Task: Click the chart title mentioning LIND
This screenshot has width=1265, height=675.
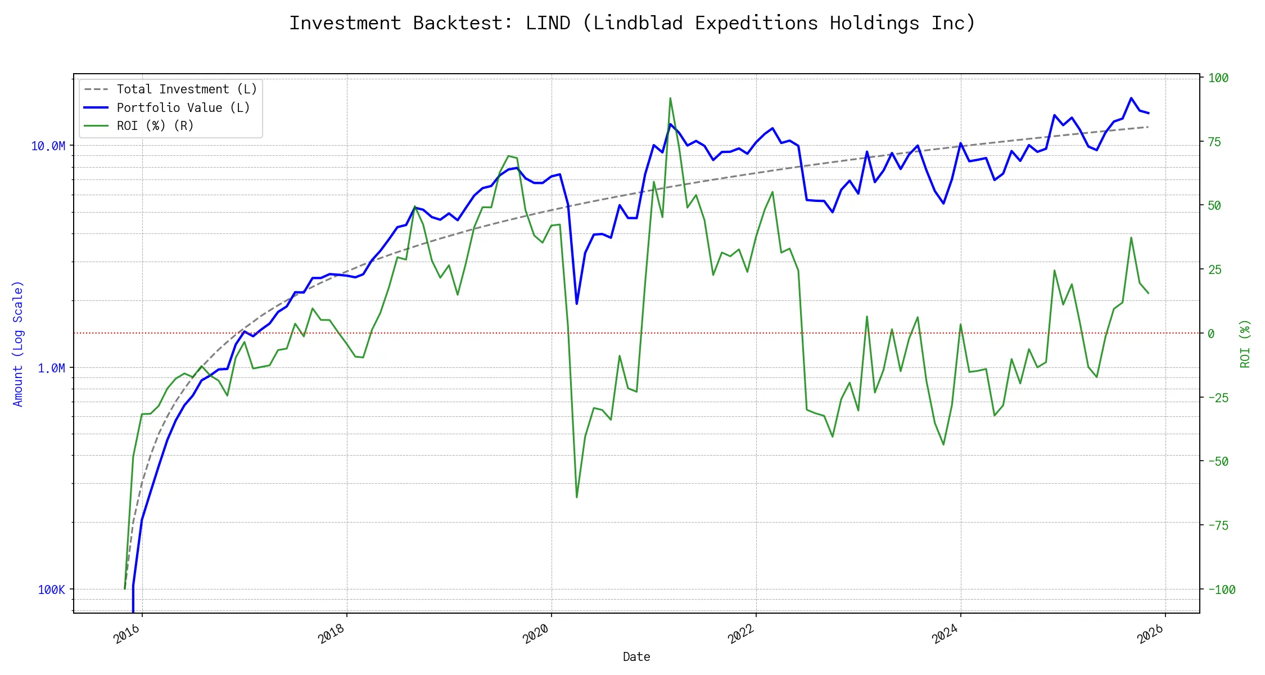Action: (x=632, y=23)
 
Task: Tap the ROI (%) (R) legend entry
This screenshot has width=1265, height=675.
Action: (x=155, y=125)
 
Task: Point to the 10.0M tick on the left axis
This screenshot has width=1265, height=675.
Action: (x=48, y=146)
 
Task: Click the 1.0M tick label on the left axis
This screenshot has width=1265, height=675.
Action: (x=51, y=368)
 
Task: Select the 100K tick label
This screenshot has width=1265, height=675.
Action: (x=51, y=590)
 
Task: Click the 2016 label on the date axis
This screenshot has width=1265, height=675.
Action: (x=126, y=634)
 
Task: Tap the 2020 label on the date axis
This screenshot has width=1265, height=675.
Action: (x=536, y=634)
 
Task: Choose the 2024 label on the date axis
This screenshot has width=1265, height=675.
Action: (x=945, y=634)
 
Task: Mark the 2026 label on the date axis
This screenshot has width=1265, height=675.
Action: (x=1150, y=634)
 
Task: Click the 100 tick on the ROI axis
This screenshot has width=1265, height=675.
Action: (x=1218, y=78)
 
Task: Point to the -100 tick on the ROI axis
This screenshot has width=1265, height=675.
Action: (x=1221, y=590)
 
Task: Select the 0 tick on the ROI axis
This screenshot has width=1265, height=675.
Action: (x=1211, y=334)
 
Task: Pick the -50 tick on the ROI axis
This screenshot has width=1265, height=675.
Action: (x=1218, y=462)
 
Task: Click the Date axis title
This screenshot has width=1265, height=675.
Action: (x=636, y=657)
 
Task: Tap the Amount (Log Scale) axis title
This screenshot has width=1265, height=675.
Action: (x=18, y=344)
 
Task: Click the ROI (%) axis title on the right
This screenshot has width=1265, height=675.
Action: (x=1245, y=344)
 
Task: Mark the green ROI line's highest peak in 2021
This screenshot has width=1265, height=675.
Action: (x=670, y=98)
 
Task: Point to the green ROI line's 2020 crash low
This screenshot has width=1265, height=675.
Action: (x=577, y=497)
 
